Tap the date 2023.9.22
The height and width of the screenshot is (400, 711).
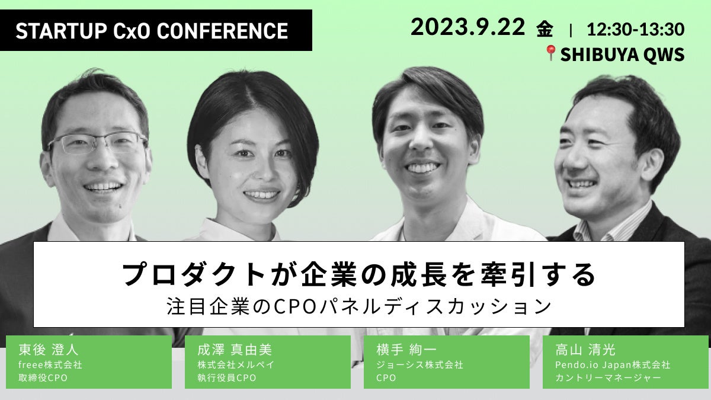(x=467, y=27)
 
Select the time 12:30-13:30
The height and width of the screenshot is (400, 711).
(x=635, y=28)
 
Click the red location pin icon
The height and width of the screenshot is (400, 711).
(x=550, y=54)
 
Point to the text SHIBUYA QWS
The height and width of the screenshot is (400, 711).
(x=622, y=55)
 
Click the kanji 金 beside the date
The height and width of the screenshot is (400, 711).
(x=545, y=28)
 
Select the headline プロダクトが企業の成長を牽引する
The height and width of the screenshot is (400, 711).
(x=358, y=275)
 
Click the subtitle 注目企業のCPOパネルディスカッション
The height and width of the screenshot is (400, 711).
(x=359, y=307)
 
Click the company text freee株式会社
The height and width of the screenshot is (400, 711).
(x=50, y=364)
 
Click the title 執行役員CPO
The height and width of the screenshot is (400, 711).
(x=227, y=377)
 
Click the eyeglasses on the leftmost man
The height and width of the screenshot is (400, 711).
(x=98, y=143)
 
